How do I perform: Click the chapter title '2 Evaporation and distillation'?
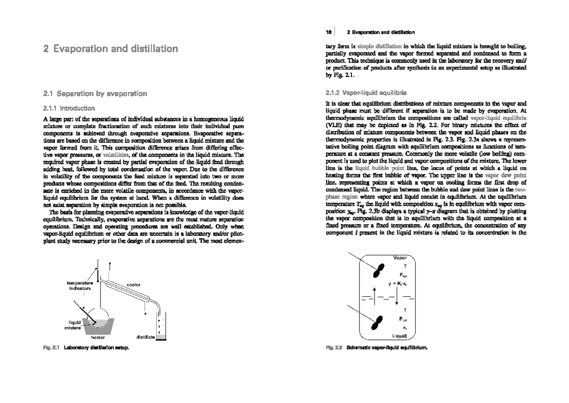(110, 49)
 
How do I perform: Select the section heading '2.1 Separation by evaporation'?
(95, 94)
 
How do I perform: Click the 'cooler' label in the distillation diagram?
(133, 284)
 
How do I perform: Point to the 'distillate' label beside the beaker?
(145, 337)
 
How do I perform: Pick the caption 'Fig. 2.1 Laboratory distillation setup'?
(86, 348)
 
